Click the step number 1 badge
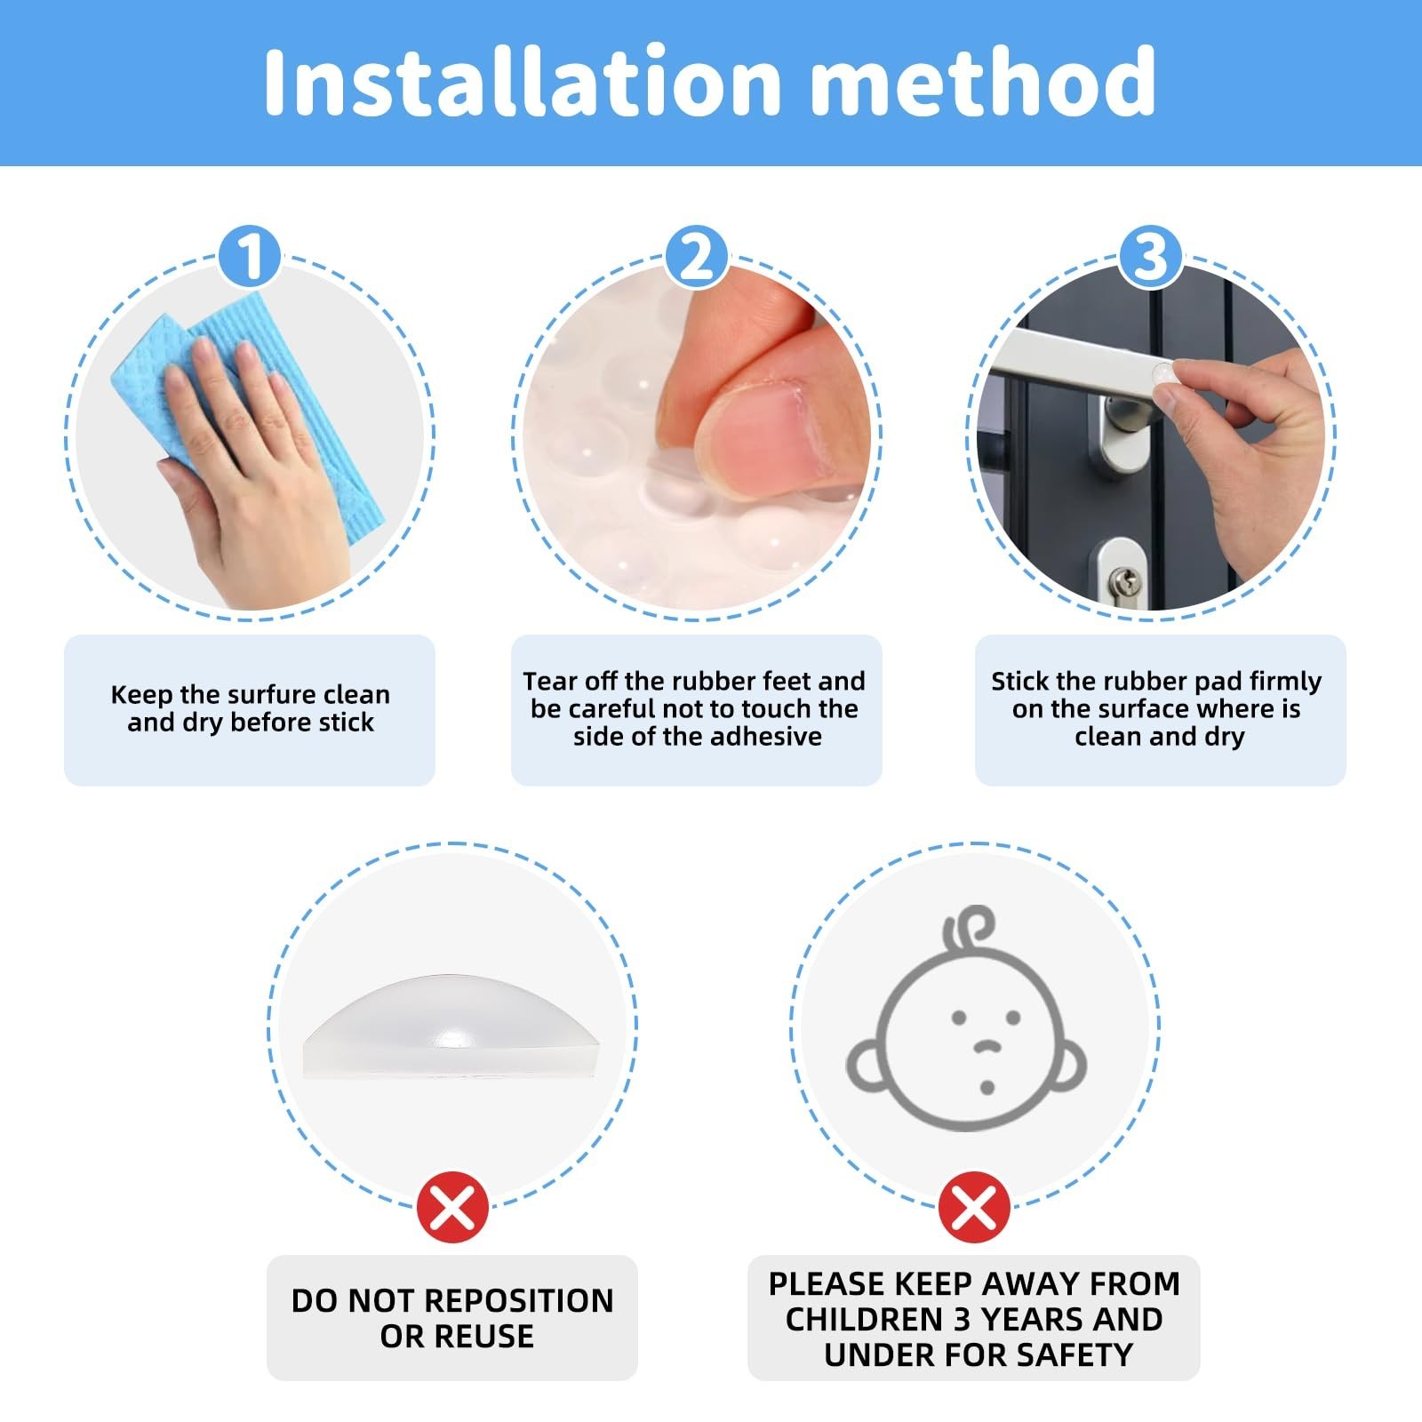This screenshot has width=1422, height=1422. (x=250, y=256)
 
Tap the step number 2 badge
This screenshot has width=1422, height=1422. (x=697, y=256)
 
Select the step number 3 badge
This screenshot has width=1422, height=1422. (x=1150, y=256)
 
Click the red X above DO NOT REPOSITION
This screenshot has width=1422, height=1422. (x=452, y=1208)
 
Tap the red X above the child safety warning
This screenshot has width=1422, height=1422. (x=973, y=1208)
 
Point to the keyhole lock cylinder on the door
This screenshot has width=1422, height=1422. (x=1125, y=583)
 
